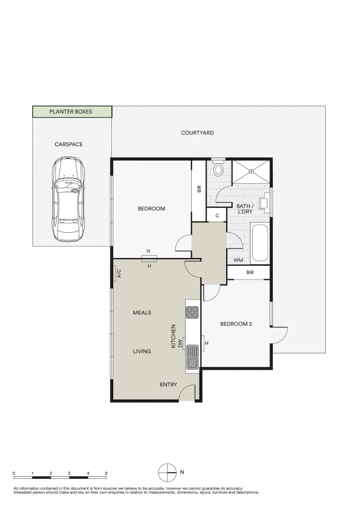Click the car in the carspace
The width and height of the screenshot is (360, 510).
[x=69, y=200]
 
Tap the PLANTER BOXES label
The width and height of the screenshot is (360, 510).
[x=71, y=112]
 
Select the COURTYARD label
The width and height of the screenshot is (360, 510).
[x=197, y=133]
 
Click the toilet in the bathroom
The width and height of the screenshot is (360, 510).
[x=218, y=169]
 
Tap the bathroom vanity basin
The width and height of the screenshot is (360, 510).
[x=265, y=203]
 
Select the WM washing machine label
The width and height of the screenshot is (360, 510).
[x=238, y=260]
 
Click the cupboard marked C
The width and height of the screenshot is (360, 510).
[x=217, y=216]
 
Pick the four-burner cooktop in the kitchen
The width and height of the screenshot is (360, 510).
[x=192, y=312]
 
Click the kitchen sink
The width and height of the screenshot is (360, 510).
[x=192, y=357]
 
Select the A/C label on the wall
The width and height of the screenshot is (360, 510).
[x=118, y=273]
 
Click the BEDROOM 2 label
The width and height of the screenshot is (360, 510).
[x=236, y=324]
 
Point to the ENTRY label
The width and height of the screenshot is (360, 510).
[x=168, y=385]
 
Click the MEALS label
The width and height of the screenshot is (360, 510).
[x=142, y=313]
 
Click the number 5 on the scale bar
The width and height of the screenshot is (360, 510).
[x=106, y=473]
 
